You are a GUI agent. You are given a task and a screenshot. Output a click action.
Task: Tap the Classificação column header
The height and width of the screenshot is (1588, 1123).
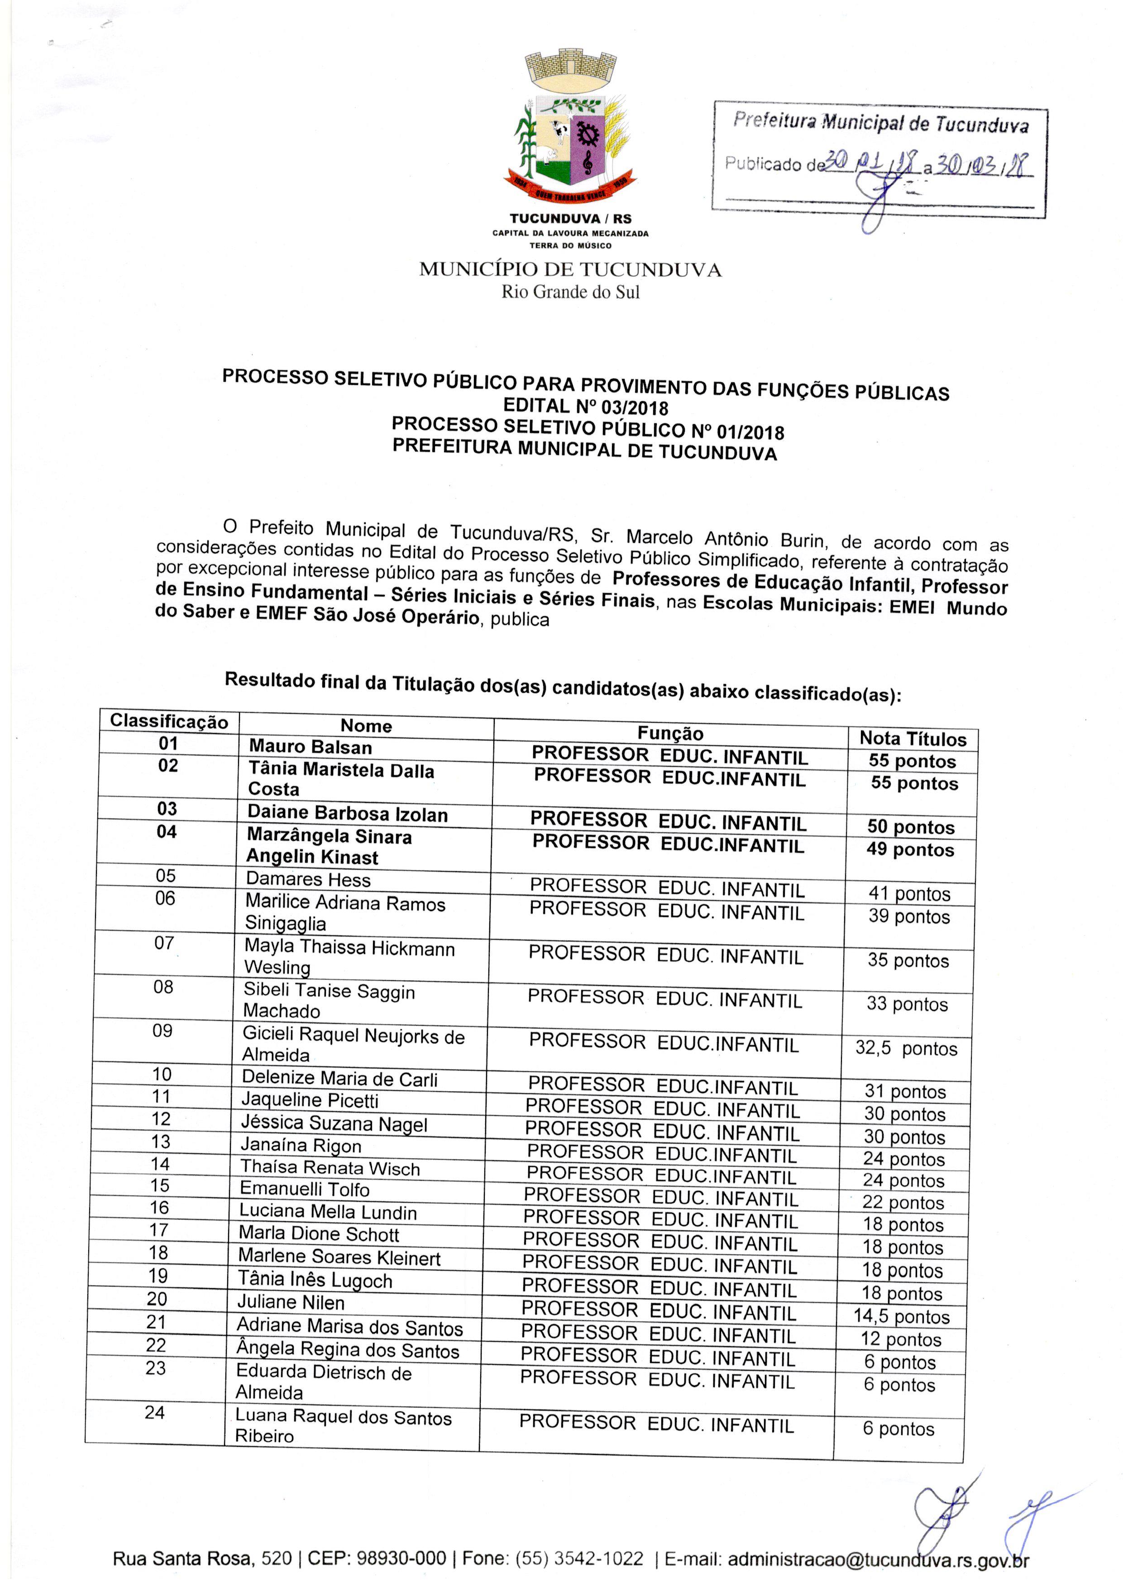point(169,721)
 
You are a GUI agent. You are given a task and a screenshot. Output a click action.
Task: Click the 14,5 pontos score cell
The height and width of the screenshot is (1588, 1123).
point(901,1316)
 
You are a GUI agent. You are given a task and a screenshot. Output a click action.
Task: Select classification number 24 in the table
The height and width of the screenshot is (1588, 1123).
point(155,1412)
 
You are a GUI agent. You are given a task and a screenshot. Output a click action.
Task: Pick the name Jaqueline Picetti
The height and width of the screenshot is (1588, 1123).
point(309,1100)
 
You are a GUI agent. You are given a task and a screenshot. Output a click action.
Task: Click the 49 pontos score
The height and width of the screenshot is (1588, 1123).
point(910,849)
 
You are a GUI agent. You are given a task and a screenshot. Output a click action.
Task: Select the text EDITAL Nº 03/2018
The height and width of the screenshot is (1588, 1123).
point(586,406)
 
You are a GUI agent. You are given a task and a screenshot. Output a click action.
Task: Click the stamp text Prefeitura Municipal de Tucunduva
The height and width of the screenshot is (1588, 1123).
point(880,123)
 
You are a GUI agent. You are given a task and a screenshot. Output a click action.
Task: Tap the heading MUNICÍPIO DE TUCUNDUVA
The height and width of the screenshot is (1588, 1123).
point(570,270)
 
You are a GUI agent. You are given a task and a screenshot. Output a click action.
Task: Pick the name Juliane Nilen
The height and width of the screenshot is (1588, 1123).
point(291,1302)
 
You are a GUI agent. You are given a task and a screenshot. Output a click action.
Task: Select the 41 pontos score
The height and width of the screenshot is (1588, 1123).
point(909,893)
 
